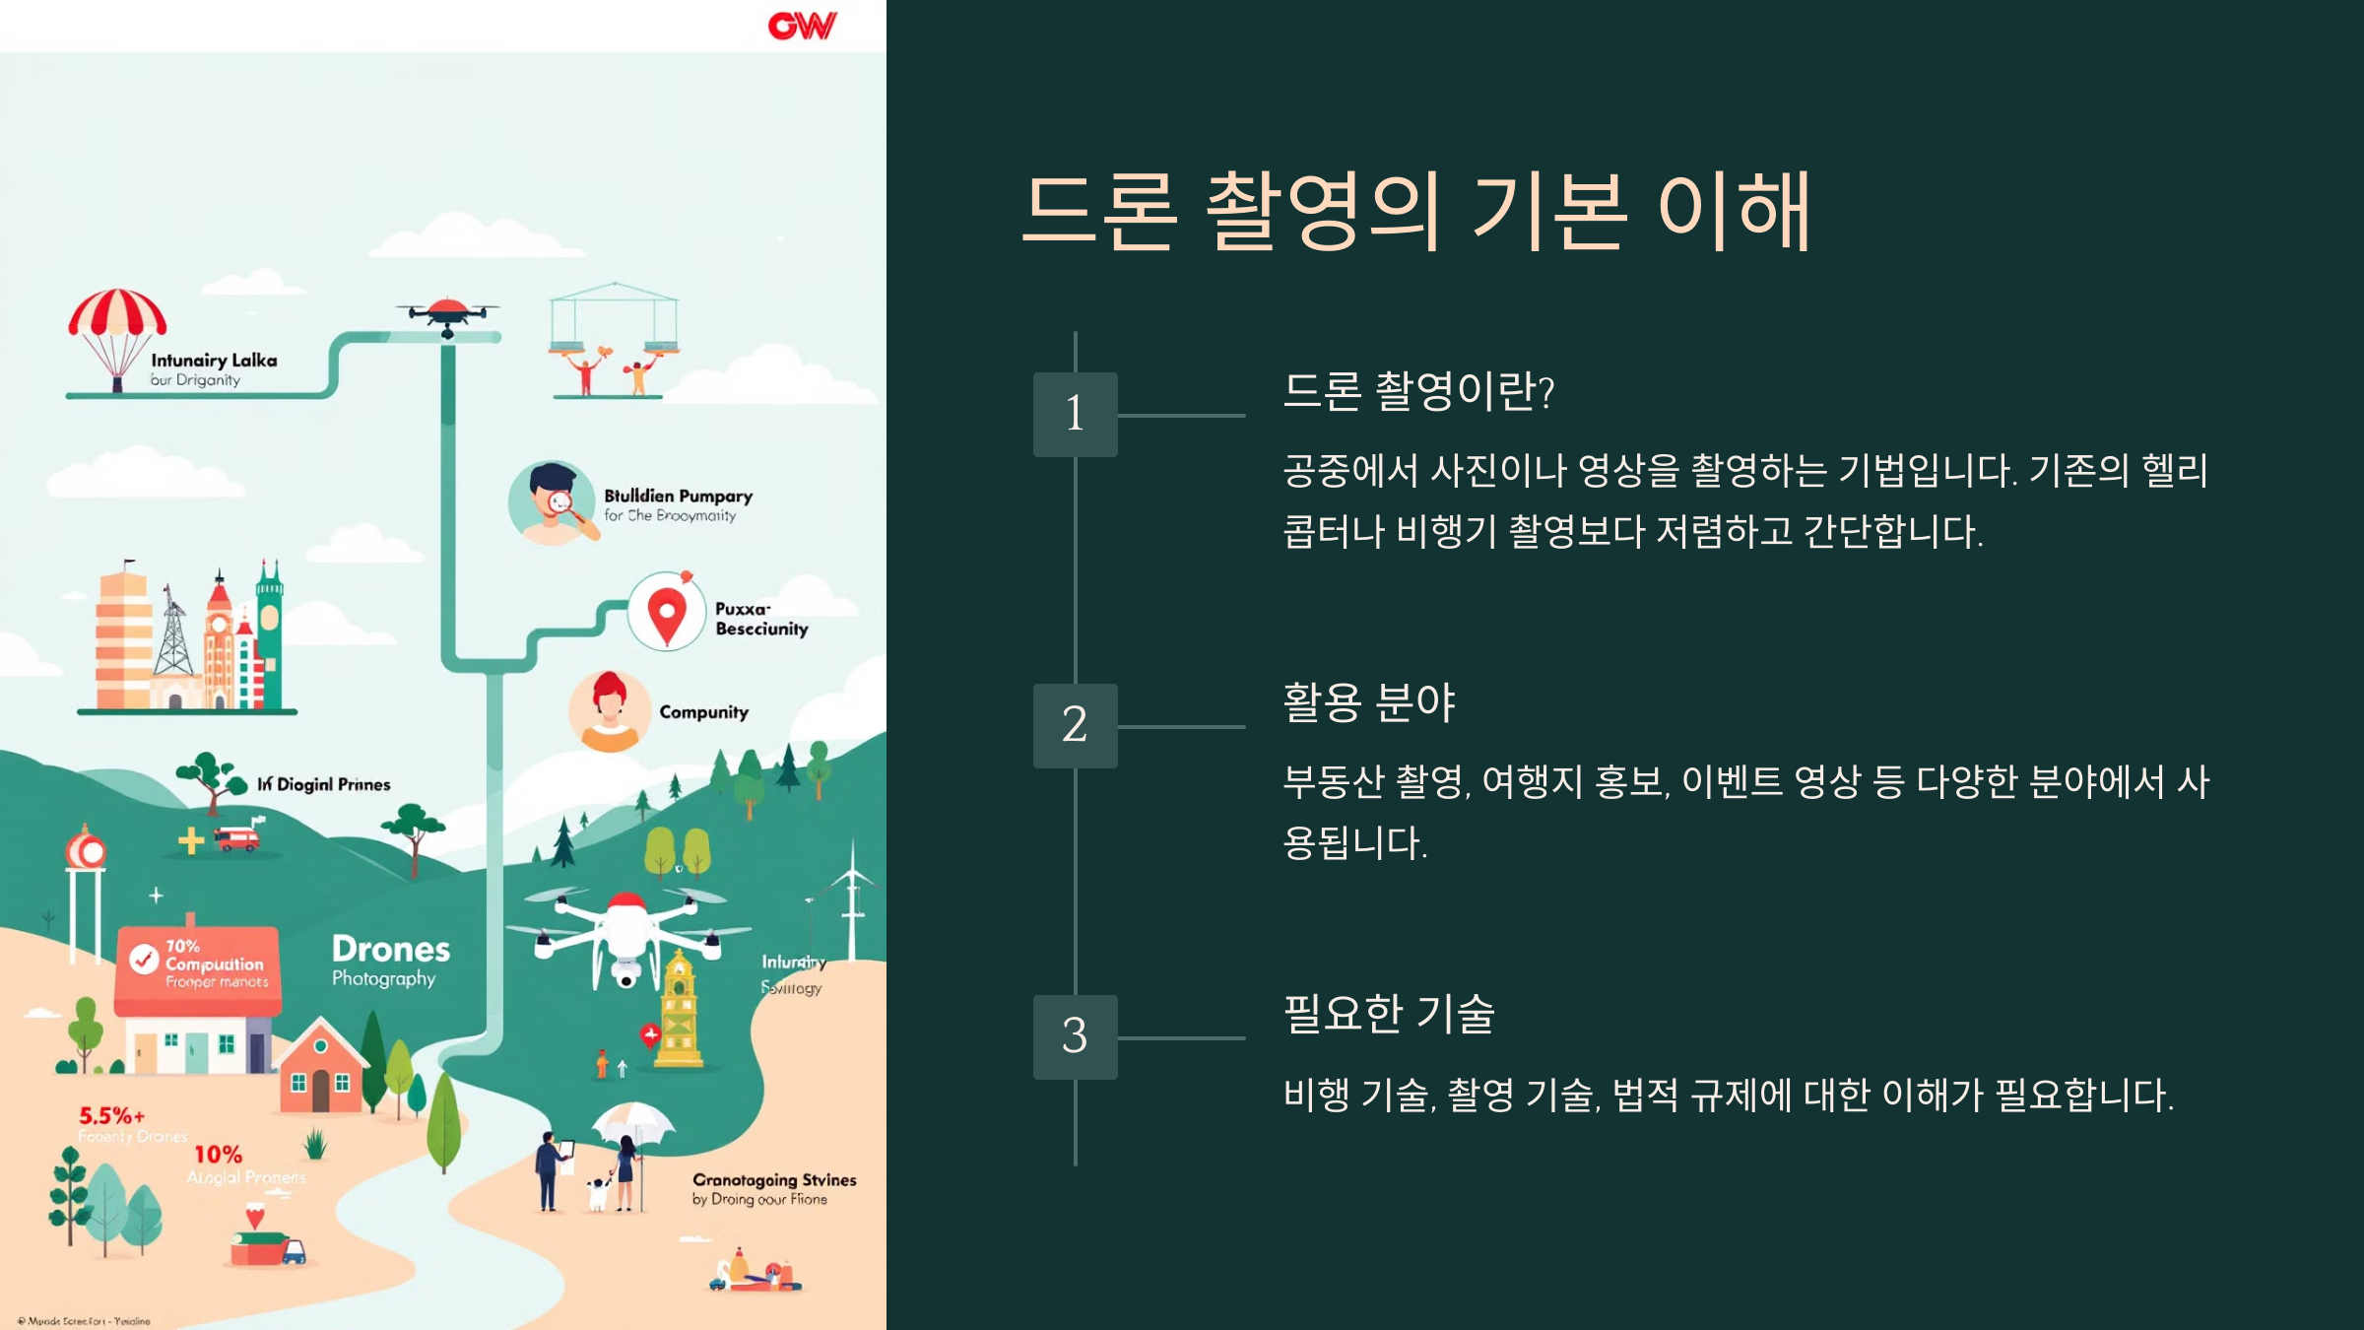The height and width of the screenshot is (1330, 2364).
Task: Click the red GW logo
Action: click(x=802, y=26)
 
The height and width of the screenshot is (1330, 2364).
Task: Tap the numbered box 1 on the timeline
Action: click(x=1075, y=414)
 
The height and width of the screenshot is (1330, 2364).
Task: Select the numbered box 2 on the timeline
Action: click(x=1075, y=725)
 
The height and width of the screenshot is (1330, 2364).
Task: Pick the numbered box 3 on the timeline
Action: click(x=1075, y=1036)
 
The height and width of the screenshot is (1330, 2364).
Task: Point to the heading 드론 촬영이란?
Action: click(x=1418, y=391)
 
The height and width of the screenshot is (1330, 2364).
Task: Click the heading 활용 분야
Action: click(x=1368, y=702)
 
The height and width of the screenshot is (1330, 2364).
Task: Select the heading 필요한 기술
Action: click(x=1388, y=1014)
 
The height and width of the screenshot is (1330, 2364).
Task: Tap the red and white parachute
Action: click(x=117, y=315)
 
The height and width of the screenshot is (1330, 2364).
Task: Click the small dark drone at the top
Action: click(x=448, y=313)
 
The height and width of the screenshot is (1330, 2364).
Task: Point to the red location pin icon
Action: click(x=667, y=615)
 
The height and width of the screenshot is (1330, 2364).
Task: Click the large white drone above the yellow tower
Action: click(x=626, y=931)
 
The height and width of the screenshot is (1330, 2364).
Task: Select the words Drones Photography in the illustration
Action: click(x=390, y=960)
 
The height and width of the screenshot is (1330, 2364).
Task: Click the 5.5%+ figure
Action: click(x=111, y=1116)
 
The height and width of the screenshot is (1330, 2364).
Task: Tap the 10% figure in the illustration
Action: click(x=218, y=1155)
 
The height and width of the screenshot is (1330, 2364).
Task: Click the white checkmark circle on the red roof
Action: click(x=144, y=959)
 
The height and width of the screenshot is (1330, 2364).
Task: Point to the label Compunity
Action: click(x=703, y=712)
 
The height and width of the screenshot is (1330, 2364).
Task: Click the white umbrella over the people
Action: click(x=633, y=1120)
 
